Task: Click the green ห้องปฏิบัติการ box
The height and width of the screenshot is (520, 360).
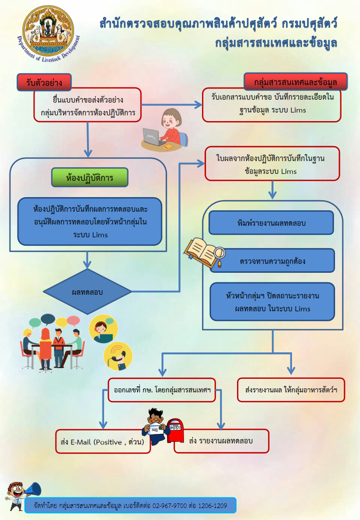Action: click(90, 177)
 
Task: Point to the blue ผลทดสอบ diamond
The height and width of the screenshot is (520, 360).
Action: click(87, 292)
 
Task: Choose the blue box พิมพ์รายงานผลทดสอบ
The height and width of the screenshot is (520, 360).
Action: click(271, 223)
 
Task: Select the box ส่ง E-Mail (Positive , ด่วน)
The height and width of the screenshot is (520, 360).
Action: click(102, 442)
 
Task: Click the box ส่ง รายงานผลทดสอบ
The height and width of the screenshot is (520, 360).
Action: click(221, 441)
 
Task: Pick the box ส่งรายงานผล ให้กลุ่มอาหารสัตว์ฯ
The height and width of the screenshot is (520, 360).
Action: click(291, 389)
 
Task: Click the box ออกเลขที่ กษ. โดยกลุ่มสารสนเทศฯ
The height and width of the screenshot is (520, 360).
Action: click(161, 389)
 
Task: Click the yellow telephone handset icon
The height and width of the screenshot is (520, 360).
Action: click(118, 355)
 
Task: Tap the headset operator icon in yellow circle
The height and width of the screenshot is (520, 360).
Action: click(103, 328)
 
